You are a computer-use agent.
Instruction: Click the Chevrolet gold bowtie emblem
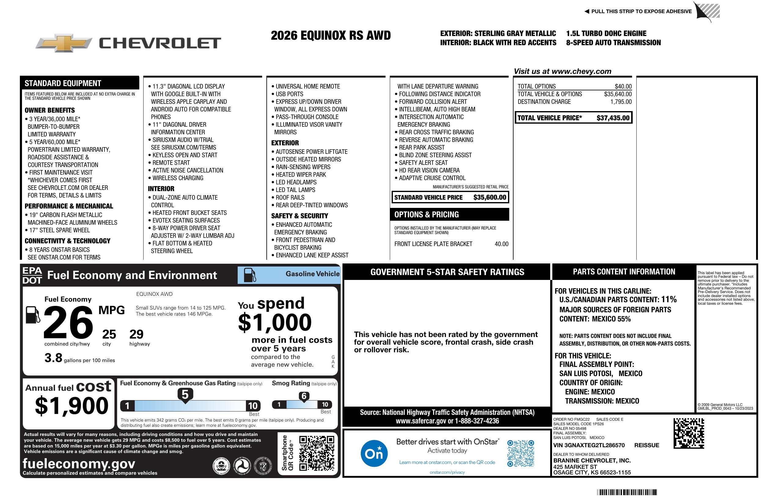click(63, 43)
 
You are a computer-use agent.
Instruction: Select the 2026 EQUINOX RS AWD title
click(331, 35)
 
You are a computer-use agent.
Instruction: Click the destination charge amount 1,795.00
click(620, 102)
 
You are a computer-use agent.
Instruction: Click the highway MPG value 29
click(136, 334)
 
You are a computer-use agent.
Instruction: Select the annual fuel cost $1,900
click(72, 406)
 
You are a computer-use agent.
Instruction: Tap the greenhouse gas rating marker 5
click(185, 395)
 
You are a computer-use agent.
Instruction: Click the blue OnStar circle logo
click(374, 453)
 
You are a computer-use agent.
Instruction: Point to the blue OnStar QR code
click(521, 453)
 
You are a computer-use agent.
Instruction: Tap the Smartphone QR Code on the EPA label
click(316, 453)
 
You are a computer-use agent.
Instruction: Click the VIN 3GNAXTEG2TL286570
click(588, 445)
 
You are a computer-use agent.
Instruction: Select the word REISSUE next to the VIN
click(646, 445)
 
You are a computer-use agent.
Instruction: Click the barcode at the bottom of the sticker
click(627, 492)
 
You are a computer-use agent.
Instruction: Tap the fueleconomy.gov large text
click(79, 463)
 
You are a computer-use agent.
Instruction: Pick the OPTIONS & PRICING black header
click(450, 215)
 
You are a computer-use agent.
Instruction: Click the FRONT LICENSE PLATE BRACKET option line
click(433, 244)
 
